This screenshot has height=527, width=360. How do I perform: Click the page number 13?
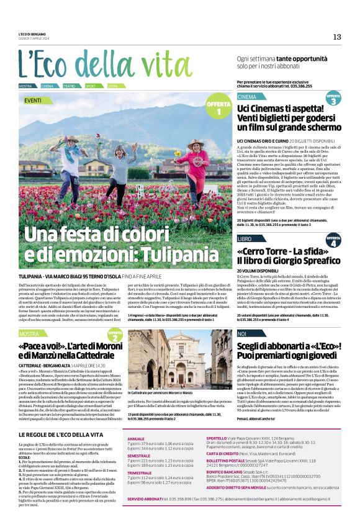coord(337,37)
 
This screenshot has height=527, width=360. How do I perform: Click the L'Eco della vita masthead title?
coord(106,64)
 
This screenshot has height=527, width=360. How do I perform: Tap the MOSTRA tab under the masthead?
coord(25,86)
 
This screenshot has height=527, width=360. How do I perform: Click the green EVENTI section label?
coord(34,100)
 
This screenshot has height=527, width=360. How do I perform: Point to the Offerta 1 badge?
coord(218,107)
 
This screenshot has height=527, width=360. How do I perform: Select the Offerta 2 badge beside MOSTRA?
coord(115,336)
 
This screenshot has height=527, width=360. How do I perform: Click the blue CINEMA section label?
coord(246,97)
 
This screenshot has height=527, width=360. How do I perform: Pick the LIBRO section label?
coord(245,238)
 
